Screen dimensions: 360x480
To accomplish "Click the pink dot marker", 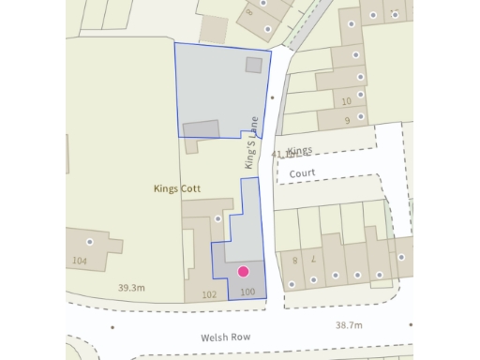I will point(243,272).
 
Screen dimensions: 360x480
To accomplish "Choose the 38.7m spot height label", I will point(348,324).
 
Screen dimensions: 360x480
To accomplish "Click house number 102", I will point(209,294).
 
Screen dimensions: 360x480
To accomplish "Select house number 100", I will point(247,293).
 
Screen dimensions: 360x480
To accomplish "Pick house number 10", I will point(348,100).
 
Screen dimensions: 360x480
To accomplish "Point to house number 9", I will point(347,121).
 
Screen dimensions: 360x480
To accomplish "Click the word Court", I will point(302,173).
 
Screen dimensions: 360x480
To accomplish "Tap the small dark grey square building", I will point(253,65).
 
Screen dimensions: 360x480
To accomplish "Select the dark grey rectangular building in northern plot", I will point(201,129).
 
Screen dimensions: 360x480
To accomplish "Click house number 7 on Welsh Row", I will point(313,258).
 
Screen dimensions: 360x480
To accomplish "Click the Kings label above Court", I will point(300,150).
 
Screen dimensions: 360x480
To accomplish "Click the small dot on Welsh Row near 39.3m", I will point(112,327).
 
